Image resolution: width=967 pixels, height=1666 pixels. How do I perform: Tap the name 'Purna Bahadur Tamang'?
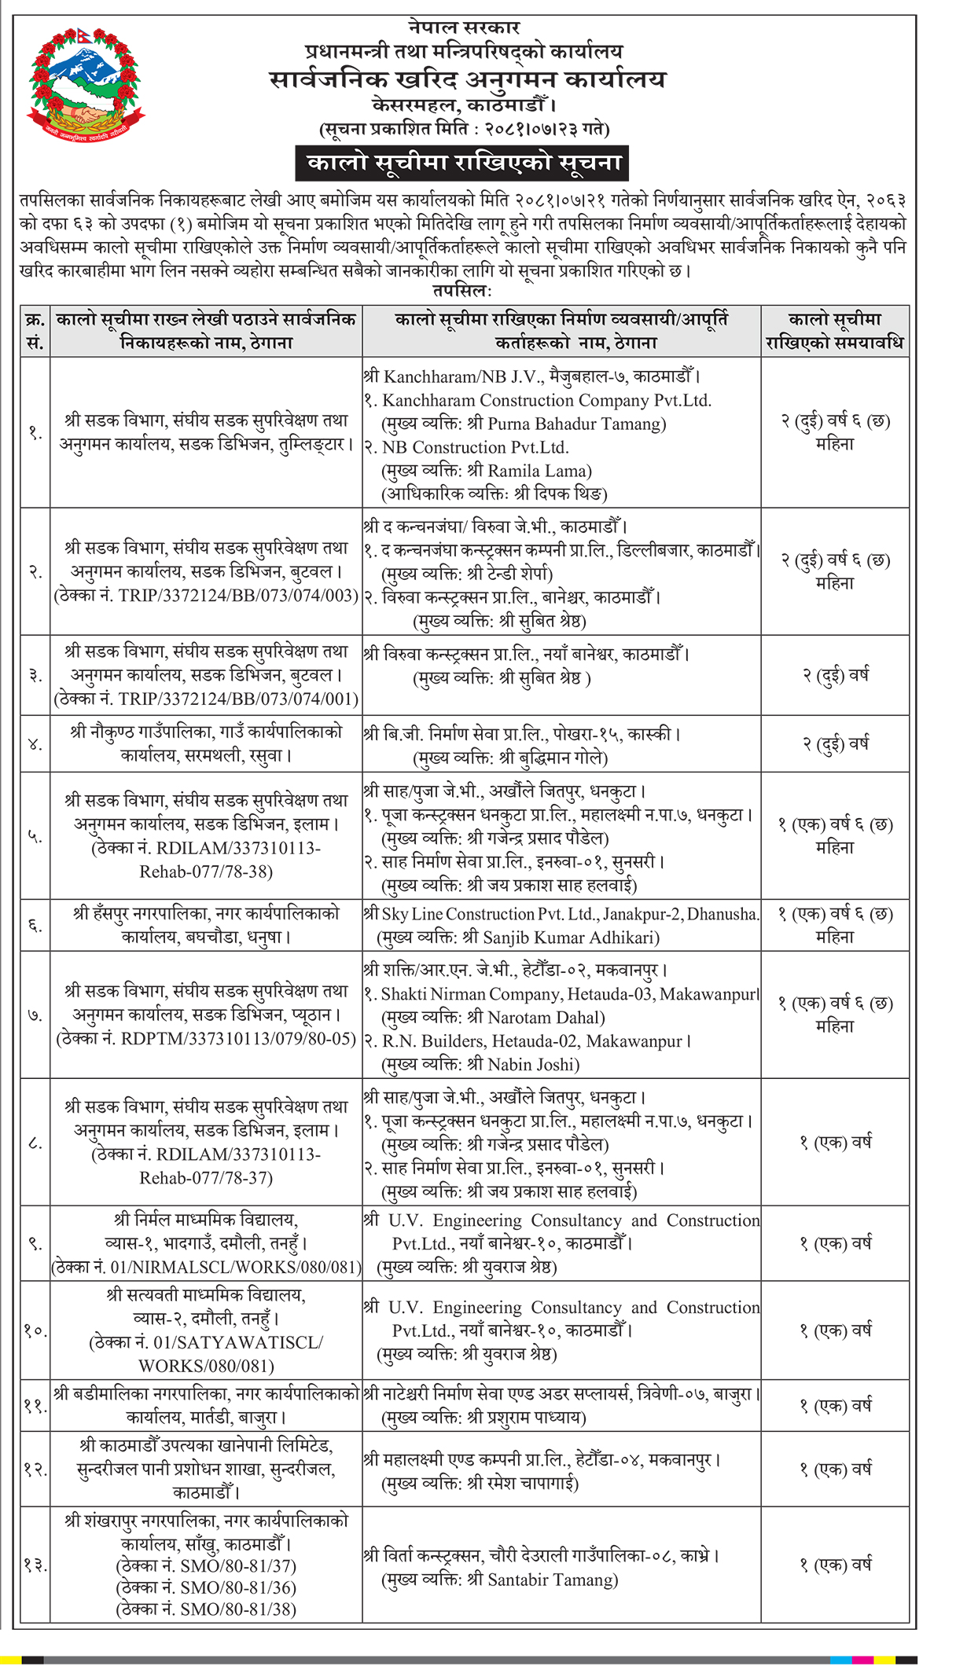click(x=576, y=424)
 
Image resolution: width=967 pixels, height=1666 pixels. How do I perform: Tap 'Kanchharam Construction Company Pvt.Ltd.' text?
click(x=546, y=401)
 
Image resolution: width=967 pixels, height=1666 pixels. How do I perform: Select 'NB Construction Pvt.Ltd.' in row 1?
click(x=476, y=448)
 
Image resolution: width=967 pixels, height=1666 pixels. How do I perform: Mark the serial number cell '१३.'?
click(x=35, y=1565)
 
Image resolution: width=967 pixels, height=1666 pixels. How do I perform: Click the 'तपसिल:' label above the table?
click(x=462, y=292)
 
